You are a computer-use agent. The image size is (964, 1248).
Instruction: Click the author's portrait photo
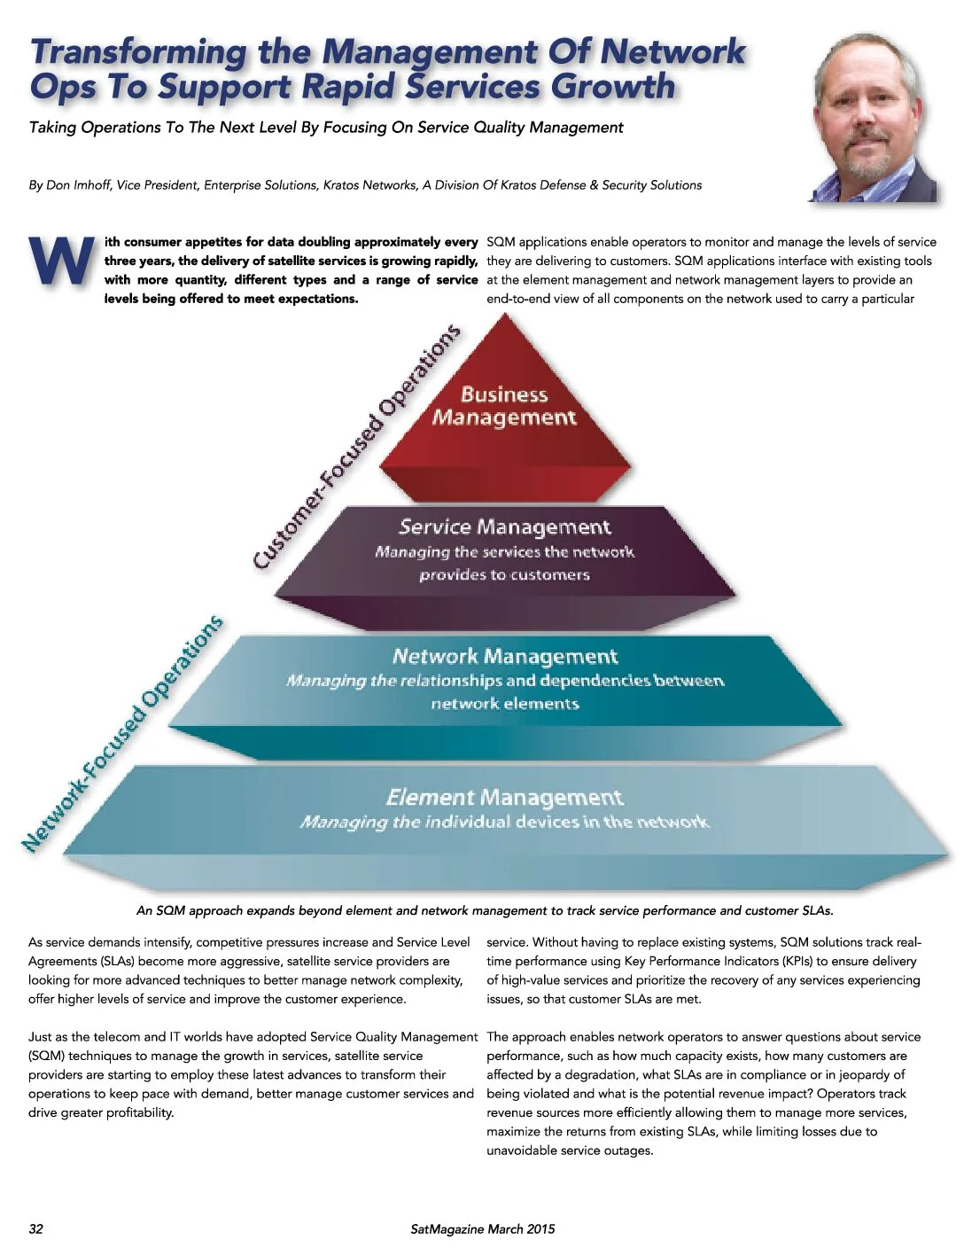874,117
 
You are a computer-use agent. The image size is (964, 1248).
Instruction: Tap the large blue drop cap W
62,261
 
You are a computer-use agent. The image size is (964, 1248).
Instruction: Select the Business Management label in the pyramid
504,405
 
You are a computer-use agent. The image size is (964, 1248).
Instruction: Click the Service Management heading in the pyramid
505,526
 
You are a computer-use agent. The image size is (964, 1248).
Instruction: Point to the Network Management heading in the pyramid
505,656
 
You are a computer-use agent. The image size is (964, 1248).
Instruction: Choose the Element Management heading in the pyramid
504,797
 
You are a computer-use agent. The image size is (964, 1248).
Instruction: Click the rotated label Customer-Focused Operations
356,447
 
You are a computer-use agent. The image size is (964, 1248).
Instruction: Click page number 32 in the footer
35,1228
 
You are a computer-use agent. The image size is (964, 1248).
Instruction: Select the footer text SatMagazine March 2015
482,1228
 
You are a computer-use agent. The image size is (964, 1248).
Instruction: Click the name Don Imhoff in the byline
78,185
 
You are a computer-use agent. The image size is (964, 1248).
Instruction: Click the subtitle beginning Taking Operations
326,127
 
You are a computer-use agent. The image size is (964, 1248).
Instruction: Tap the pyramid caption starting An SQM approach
485,910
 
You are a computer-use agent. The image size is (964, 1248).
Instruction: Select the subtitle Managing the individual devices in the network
504,822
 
